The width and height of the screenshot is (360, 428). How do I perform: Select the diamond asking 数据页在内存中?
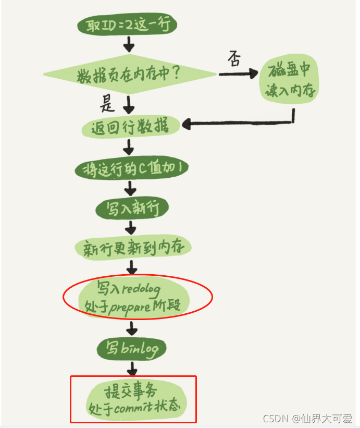click(x=130, y=74)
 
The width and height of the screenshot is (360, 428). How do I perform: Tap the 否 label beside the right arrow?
click(x=234, y=60)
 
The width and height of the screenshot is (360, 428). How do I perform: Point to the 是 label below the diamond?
click(x=107, y=105)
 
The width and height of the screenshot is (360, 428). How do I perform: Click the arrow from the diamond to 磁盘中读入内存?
click(x=238, y=74)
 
